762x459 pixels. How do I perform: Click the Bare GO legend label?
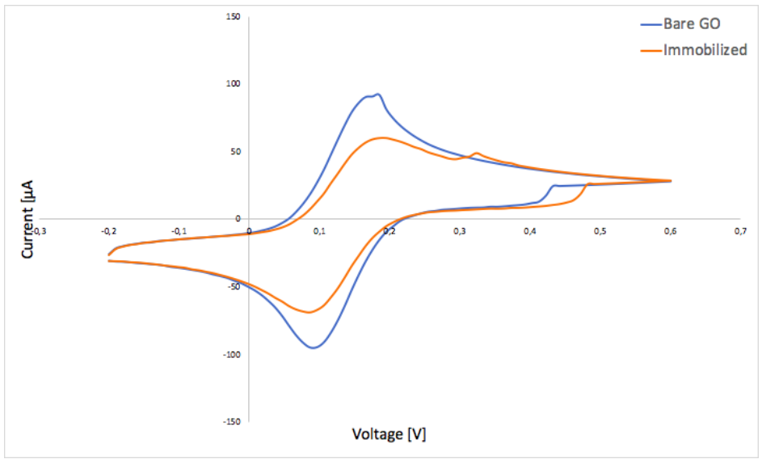pyautogui.click(x=692, y=24)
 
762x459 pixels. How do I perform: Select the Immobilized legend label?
pyautogui.click(x=705, y=50)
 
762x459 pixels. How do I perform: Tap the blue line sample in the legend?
pyautogui.click(x=650, y=24)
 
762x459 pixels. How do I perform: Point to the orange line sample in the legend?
pyautogui.click(x=650, y=50)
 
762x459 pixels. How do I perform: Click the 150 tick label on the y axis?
pyautogui.click(x=233, y=16)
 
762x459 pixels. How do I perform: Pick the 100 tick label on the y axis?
pyautogui.click(x=233, y=84)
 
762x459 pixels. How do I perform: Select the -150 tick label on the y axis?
pyautogui.click(x=231, y=422)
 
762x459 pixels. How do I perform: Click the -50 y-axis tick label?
pyautogui.click(x=233, y=287)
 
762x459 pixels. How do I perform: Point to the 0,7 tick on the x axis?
pyautogui.click(x=740, y=232)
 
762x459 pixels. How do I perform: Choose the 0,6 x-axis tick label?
pyautogui.click(x=670, y=232)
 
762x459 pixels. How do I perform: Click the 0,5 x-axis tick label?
pyautogui.click(x=600, y=232)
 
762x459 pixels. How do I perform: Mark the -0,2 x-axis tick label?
pyautogui.click(x=108, y=232)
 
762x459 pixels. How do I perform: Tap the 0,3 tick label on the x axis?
pyautogui.click(x=459, y=232)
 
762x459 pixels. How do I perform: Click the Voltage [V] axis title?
pyautogui.click(x=389, y=434)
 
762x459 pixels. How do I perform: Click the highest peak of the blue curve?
pyautogui.click(x=377, y=94)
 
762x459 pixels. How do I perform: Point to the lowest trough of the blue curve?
pyautogui.click(x=314, y=347)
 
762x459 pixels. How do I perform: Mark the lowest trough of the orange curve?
pyautogui.click(x=309, y=313)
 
